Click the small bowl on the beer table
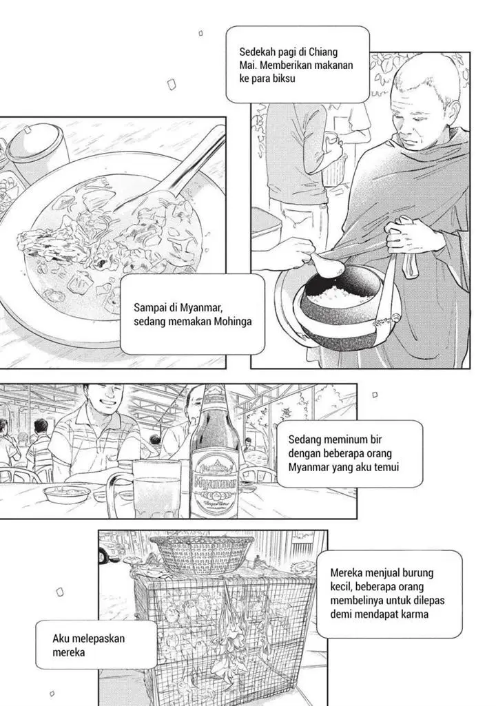pyautogui.click(x=66, y=493)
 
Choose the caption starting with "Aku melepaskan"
pyautogui.click(x=89, y=644)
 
